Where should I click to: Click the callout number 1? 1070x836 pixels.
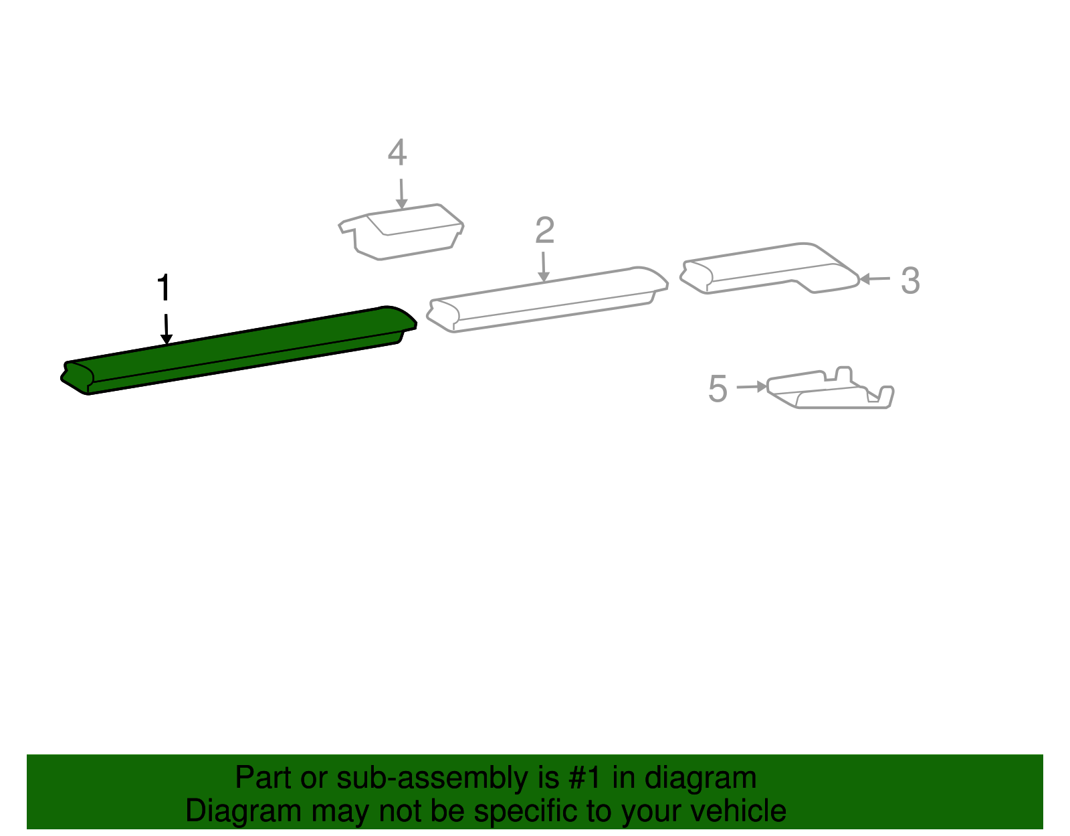(164, 288)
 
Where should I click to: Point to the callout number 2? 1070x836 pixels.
(544, 230)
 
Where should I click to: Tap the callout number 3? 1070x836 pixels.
(910, 280)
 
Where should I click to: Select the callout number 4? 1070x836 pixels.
(397, 153)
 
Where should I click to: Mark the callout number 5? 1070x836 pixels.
(718, 389)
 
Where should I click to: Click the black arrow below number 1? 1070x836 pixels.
(166, 329)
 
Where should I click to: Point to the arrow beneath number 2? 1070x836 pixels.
(544, 266)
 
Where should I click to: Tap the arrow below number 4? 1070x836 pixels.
(401, 193)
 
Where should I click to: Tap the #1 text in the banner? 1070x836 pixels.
(585, 778)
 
